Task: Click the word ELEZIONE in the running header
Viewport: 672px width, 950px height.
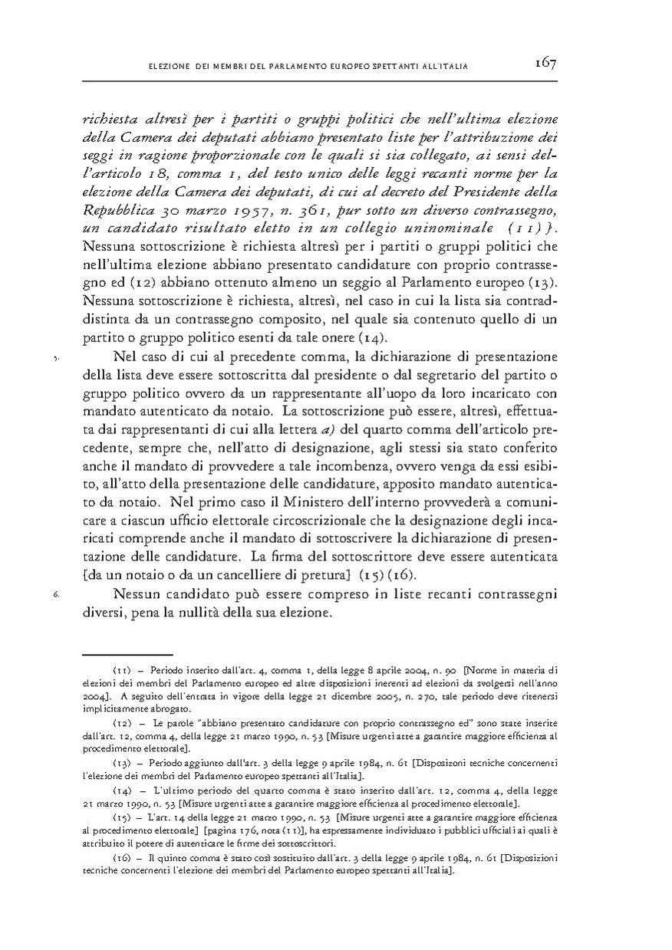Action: (168, 68)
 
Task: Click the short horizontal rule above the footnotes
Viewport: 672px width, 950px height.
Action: (108, 656)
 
